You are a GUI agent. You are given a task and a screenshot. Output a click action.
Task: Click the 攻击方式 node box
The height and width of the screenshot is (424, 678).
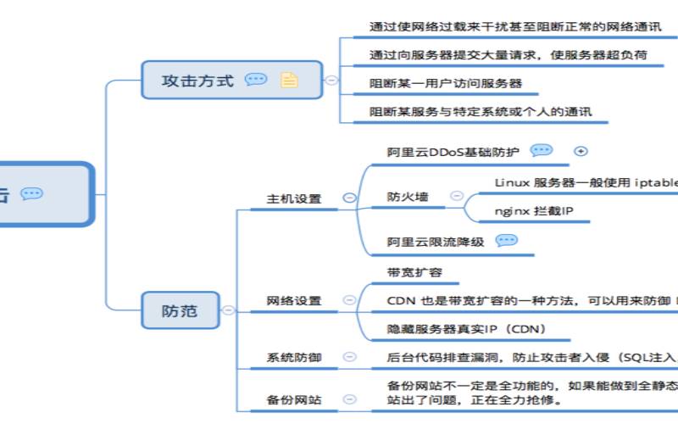[x=197, y=81]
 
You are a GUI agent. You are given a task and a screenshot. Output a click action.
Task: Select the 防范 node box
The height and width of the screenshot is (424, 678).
[x=179, y=310]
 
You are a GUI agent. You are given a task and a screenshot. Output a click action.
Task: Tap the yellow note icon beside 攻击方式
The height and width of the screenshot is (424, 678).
[x=290, y=81]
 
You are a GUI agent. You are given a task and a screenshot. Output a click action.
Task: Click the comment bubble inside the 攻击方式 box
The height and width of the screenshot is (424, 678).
[x=256, y=80]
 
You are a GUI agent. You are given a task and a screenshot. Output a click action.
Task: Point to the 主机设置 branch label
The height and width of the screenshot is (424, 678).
[x=294, y=198]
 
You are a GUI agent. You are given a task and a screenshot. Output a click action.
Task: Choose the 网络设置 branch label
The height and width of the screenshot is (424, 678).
[x=294, y=301]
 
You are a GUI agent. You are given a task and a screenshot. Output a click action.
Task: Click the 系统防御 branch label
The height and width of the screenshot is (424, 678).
[x=294, y=358]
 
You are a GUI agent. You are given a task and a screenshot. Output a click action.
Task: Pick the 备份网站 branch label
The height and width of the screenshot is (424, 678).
[x=294, y=399]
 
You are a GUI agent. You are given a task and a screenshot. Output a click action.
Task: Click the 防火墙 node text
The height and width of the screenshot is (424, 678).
[x=408, y=197]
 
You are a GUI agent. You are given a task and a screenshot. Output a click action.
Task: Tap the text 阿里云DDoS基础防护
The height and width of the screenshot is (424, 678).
[x=453, y=152]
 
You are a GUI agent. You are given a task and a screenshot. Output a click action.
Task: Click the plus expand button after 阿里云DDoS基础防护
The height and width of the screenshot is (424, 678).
[x=581, y=151]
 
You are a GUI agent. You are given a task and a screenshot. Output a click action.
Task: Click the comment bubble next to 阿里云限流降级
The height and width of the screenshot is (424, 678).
[x=506, y=241]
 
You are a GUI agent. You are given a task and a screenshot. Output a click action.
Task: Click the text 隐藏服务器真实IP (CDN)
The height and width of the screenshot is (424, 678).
[x=466, y=329]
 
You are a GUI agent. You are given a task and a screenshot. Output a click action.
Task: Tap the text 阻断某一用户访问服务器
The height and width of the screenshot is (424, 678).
[x=445, y=84]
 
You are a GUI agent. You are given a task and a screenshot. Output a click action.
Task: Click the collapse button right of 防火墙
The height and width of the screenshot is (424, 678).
[x=456, y=196]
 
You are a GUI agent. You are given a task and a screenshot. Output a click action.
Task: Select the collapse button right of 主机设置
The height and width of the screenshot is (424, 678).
[x=348, y=198]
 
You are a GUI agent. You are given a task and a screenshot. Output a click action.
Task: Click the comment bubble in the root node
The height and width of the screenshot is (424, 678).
[x=31, y=194]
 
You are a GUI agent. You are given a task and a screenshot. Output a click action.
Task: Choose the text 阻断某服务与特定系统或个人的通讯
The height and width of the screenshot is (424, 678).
[x=480, y=111]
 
